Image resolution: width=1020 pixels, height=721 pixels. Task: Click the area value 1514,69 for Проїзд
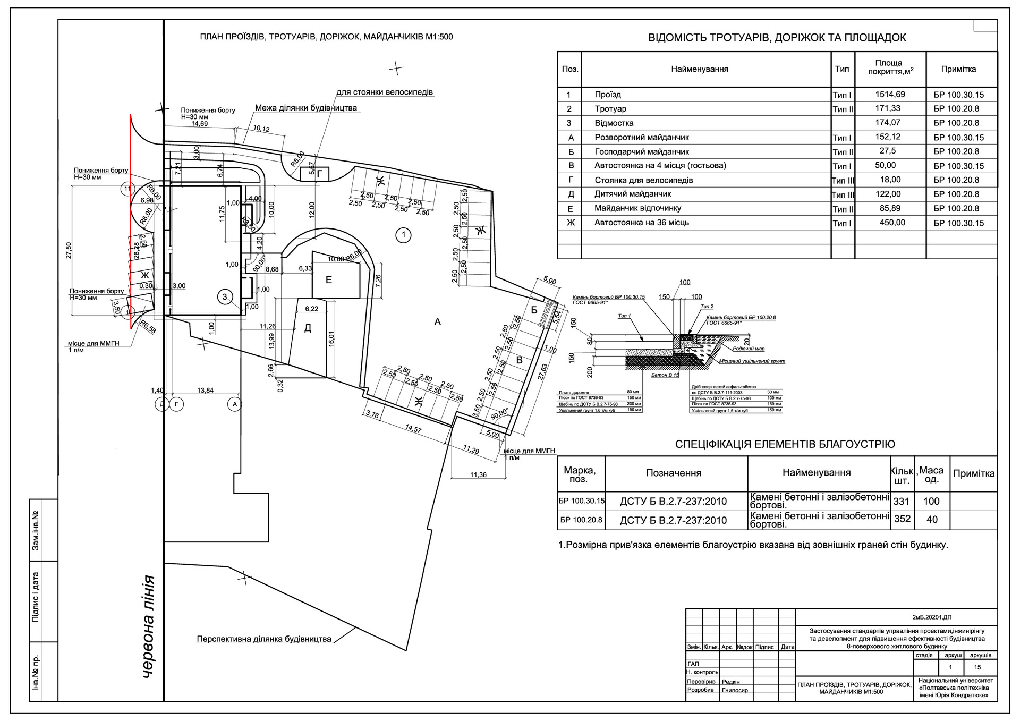pyautogui.click(x=890, y=95)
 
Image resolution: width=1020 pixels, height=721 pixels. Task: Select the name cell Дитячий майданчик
pyautogui.click(x=633, y=194)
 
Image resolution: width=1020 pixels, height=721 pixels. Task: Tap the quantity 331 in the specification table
pyautogui.click(x=902, y=501)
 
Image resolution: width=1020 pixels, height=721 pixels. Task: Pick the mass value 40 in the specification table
pyautogui.click(x=932, y=520)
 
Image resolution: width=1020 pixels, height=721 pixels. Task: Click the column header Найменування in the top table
pyautogui.click(x=700, y=69)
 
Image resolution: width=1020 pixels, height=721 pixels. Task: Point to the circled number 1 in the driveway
pyautogui.click(x=404, y=234)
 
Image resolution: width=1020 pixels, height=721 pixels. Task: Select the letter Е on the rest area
pyautogui.click(x=328, y=280)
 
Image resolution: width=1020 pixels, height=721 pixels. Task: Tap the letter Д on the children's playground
pyautogui.click(x=308, y=328)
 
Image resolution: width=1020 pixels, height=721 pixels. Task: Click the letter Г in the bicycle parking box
pyautogui.click(x=319, y=174)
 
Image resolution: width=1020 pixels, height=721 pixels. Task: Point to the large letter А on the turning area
pyautogui.click(x=437, y=321)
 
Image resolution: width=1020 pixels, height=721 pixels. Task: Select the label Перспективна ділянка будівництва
pyautogui.click(x=264, y=639)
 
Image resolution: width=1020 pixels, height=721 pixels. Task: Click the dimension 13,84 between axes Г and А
pyautogui.click(x=205, y=391)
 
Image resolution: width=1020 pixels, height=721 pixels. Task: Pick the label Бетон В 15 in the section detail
pyautogui.click(x=665, y=375)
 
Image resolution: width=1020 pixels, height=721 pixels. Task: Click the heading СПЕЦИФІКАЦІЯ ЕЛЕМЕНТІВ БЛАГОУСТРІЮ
pyautogui.click(x=785, y=444)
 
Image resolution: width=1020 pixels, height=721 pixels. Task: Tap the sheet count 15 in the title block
pyautogui.click(x=977, y=667)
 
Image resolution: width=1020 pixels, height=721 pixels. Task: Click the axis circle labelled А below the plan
pyautogui.click(x=234, y=404)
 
